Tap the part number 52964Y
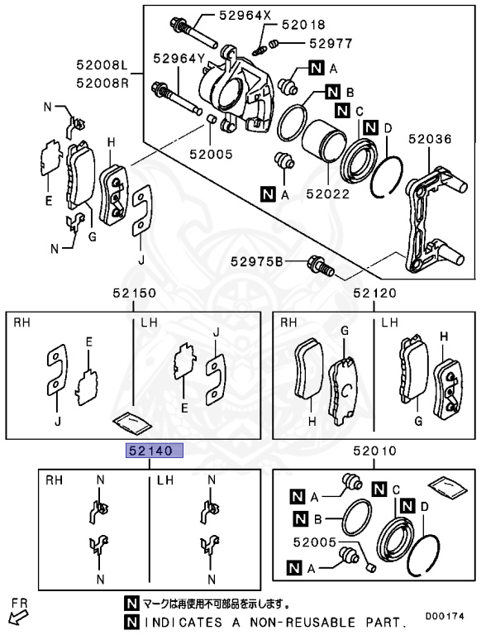pyautogui.click(x=177, y=58)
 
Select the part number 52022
pyautogui.click(x=327, y=194)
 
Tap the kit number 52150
pyautogui.click(x=134, y=294)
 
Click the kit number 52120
pyautogui.click(x=375, y=294)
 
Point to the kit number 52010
pyautogui.click(x=375, y=451)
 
